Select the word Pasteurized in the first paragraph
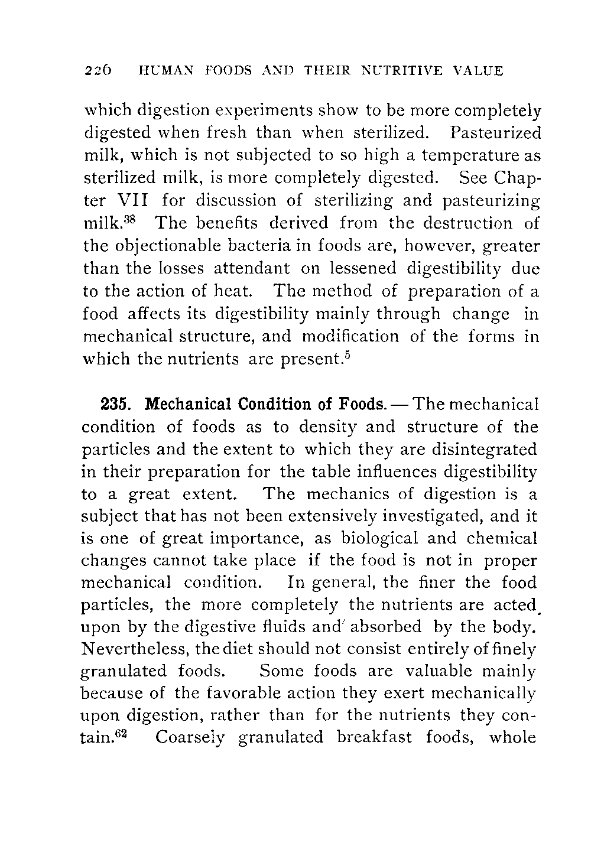495,132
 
